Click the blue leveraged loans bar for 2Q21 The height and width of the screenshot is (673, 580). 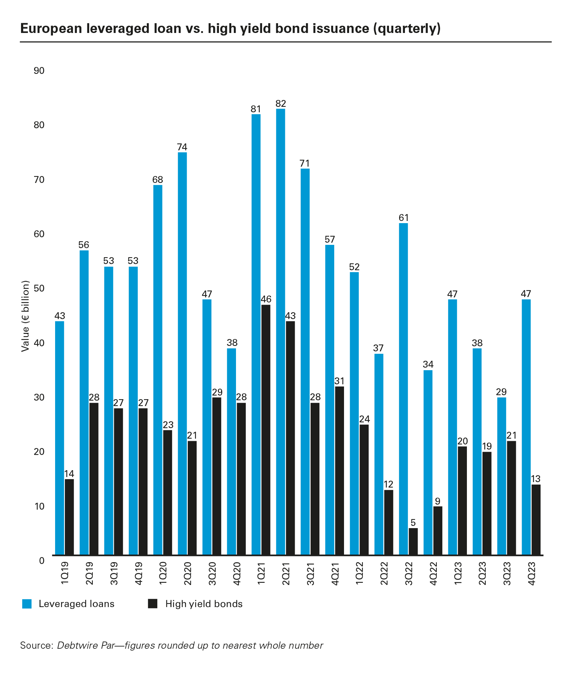tap(280, 331)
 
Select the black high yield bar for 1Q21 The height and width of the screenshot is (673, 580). tap(265, 430)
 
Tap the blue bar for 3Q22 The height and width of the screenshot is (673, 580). tap(403, 389)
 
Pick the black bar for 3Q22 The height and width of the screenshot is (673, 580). tap(413, 541)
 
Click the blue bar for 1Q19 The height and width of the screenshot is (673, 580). tap(59, 438)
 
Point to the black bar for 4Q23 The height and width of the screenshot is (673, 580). tap(536, 519)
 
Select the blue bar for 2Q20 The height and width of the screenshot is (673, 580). tap(182, 353)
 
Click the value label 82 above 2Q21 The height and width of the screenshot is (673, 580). tap(281, 104)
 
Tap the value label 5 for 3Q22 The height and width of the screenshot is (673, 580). tap(413, 523)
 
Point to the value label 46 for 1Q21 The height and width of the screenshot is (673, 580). tap(266, 299)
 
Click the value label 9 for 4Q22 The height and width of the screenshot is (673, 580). tap(438, 501)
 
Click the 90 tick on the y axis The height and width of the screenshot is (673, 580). tap(39, 71)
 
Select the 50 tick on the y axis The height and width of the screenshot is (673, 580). tap(39, 289)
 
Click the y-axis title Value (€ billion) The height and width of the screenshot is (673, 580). tap(25, 316)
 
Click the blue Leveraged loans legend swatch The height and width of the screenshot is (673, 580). tap(27, 604)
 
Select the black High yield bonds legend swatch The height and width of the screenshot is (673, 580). tap(153, 604)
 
